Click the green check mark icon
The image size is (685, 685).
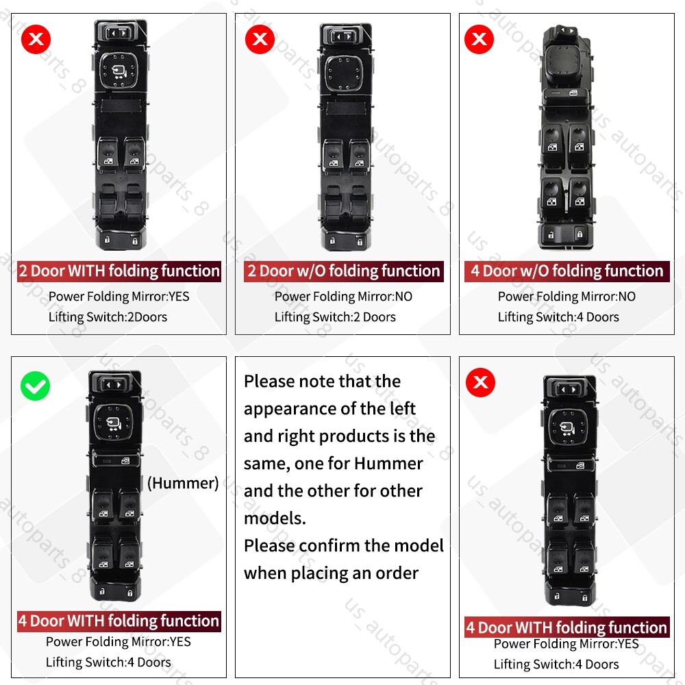pyautogui.click(x=35, y=386)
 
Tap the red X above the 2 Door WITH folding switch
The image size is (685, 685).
pyautogui.click(x=36, y=40)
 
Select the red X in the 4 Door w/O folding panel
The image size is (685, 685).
pyautogui.click(x=480, y=40)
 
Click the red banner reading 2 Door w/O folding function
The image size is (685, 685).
pyautogui.click(x=344, y=271)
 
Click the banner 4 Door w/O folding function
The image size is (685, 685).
pyautogui.click(x=566, y=271)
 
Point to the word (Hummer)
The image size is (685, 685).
pyautogui.click(x=183, y=483)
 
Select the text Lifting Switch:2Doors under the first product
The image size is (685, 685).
pyautogui.click(x=108, y=317)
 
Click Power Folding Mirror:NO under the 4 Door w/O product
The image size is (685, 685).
pyautogui.click(x=566, y=297)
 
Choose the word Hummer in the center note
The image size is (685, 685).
pyautogui.click(x=388, y=463)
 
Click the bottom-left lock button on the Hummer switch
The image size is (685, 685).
pyautogui.click(x=101, y=590)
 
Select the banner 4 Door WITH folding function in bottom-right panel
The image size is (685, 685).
pyautogui.click(x=566, y=627)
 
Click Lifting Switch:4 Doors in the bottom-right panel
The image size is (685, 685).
pyautogui.click(x=556, y=664)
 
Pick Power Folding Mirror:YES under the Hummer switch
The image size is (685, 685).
pyautogui.click(x=119, y=642)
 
